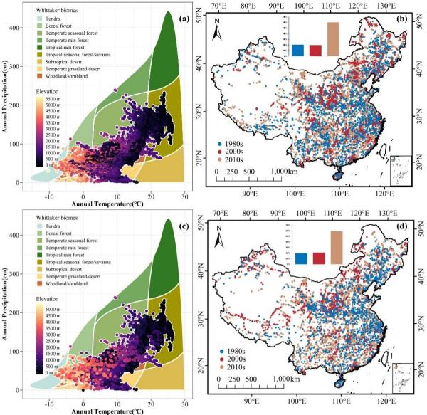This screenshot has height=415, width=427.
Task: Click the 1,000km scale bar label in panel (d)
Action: [x=284, y=379]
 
